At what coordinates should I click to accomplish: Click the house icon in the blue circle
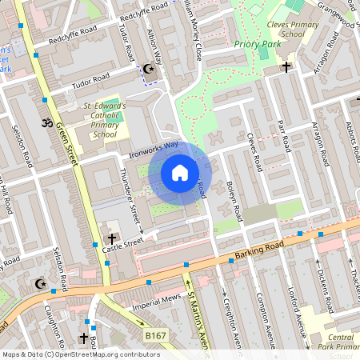pyautogui.click(x=179, y=173)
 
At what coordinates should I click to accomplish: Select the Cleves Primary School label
pyautogui.click(x=286, y=30)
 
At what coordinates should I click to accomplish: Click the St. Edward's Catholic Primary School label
pyautogui.click(x=104, y=120)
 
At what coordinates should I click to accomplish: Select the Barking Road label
pyautogui.click(x=255, y=252)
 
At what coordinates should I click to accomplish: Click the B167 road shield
pyautogui.click(x=155, y=335)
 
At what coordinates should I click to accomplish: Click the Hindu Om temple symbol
pyautogui.click(x=46, y=123)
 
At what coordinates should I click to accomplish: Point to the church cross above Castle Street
pyautogui.click(x=112, y=238)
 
